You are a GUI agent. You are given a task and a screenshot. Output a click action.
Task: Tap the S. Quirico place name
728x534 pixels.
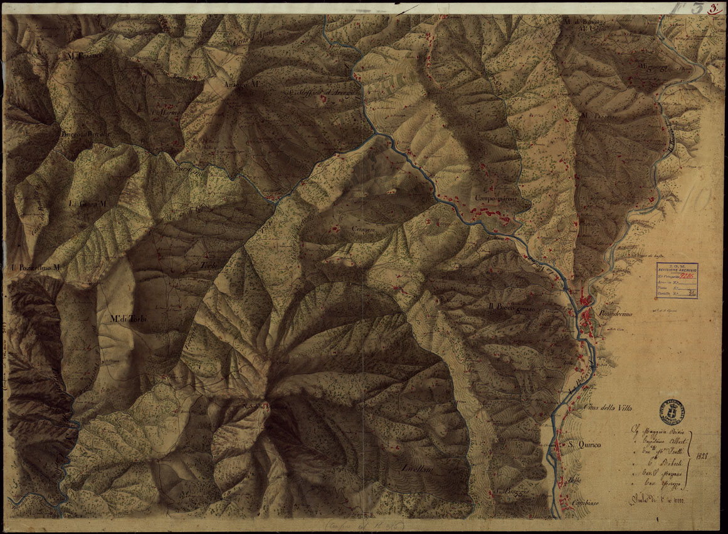pyautogui.click(x=585, y=445)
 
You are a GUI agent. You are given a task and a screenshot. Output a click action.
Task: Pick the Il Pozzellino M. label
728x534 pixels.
pyautogui.click(x=36, y=269)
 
